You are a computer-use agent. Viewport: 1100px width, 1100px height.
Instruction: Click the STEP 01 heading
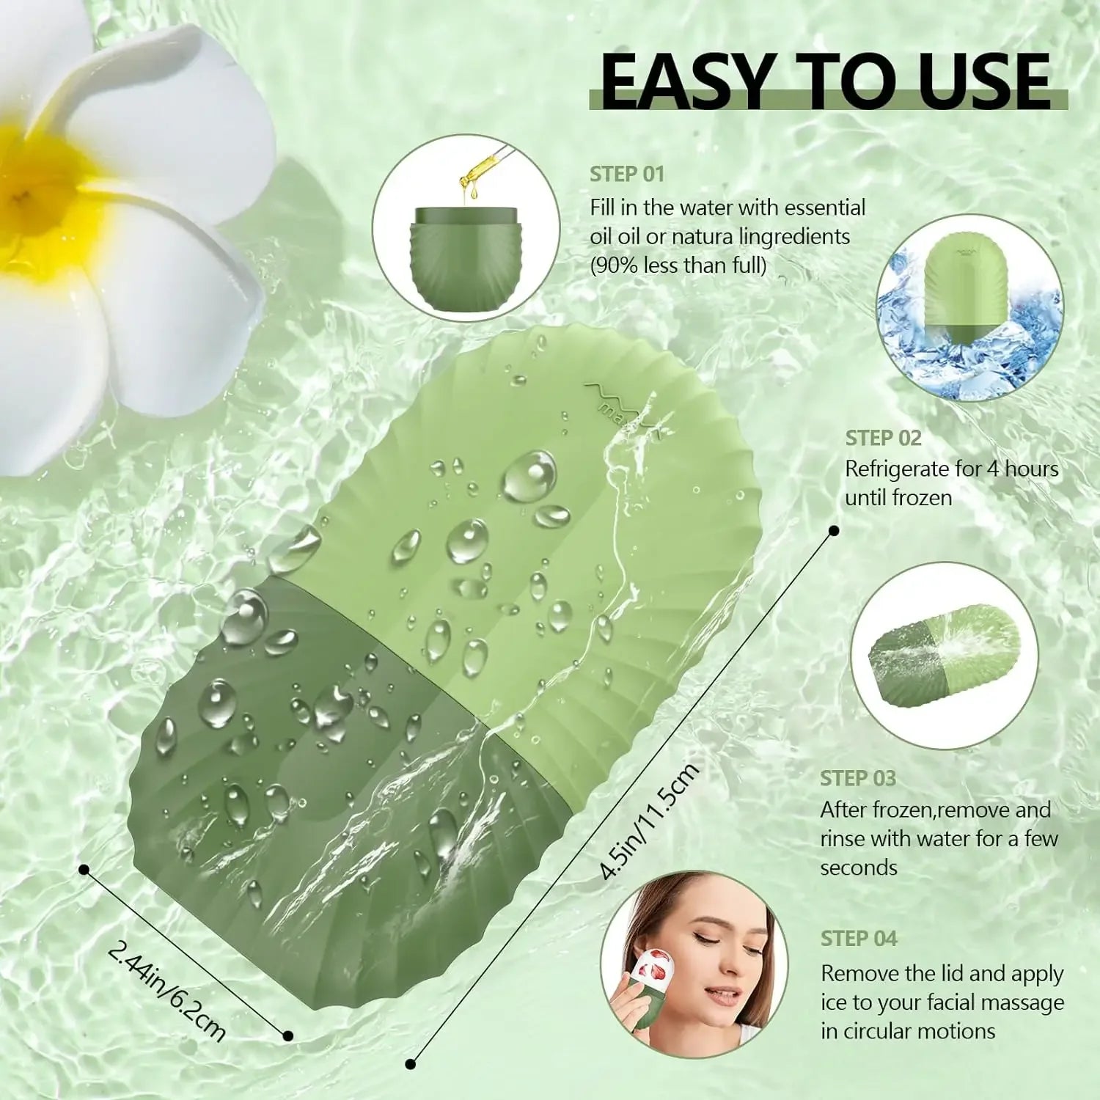[x=627, y=175]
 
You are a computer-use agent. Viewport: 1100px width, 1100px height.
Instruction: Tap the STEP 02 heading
[x=883, y=438]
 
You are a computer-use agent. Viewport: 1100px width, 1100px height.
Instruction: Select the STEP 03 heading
[x=858, y=778]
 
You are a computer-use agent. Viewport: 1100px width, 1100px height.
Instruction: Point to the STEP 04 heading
[x=859, y=939]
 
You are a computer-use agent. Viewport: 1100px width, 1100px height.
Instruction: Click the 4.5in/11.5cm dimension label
[x=649, y=821]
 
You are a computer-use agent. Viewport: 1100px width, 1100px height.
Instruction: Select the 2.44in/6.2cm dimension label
[x=167, y=990]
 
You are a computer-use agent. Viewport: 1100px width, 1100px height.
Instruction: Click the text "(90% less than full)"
[x=678, y=265]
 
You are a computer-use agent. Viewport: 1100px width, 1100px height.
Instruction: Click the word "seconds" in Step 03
[x=858, y=868]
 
